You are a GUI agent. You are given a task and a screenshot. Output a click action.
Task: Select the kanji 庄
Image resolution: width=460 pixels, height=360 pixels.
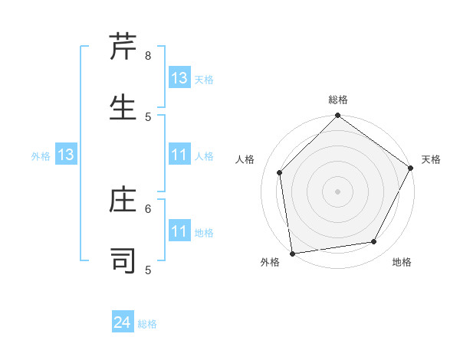pyautogui.click(x=123, y=201)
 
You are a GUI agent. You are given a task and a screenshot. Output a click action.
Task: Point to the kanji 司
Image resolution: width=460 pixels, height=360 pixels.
pyautogui.click(x=123, y=260)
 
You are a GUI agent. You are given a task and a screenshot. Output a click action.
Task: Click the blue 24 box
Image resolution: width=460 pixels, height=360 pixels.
pyautogui.click(x=123, y=323)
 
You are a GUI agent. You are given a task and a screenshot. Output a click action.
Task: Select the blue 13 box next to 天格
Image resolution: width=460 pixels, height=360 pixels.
pyautogui.click(x=179, y=78)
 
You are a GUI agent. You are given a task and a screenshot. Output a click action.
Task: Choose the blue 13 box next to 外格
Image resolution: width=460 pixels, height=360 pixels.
pyautogui.click(x=66, y=155)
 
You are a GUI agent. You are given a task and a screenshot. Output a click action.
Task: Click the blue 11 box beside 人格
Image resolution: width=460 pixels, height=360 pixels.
pyautogui.click(x=179, y=155)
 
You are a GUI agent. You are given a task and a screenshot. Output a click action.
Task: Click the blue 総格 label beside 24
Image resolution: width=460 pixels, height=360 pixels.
pyautogui.click(x=147, y=324)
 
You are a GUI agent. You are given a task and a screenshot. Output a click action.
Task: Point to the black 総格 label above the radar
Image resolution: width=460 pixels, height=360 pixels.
pyautogui.click(x=338, y=100)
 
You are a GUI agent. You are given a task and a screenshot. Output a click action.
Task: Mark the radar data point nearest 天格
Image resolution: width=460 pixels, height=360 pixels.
pyautogui.click(x=411, y=168)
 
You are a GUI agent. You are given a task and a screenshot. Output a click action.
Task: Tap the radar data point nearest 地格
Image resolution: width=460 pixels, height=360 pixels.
pyautogui.click(x=374, y=241)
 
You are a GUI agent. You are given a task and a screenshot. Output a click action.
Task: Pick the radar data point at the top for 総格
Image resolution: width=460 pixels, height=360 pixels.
pyautogui.click(x=337, y=116)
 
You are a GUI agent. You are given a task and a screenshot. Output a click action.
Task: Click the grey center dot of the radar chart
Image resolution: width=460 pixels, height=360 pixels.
pyautogui.click(x=337, y=191)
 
